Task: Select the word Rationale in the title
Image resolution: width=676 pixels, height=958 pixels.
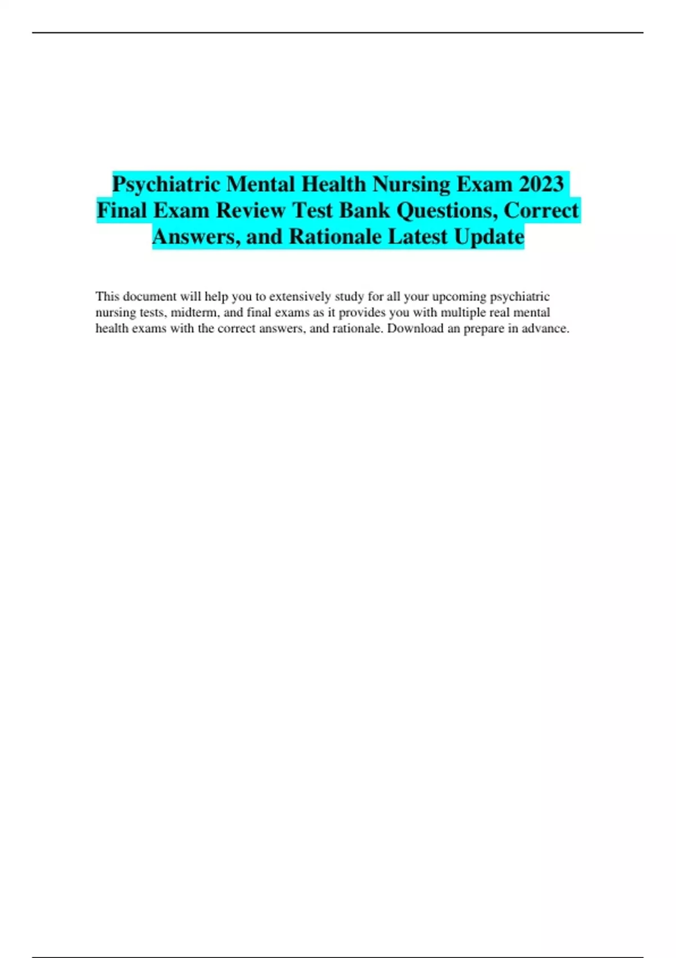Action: pyautogui.click(x=335, y=237)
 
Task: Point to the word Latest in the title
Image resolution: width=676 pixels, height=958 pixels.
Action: pyautogui.click(x=417, y=237)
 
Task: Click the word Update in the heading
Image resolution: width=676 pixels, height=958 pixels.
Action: pyautogui.click(x=489, y=237)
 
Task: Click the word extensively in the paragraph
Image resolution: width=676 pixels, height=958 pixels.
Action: pyautogui.click(x=300, y=296)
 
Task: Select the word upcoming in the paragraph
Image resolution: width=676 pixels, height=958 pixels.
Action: pyautogui.click(x=459, y=297)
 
